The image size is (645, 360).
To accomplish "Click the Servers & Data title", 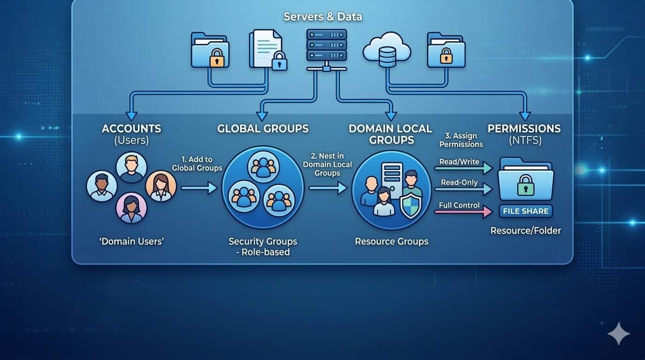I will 322,17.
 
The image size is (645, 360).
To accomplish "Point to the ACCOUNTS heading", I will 131,128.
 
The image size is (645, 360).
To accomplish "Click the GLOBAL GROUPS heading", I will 262,128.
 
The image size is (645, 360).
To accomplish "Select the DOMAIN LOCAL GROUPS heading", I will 390,134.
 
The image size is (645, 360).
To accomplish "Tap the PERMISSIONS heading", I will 524,128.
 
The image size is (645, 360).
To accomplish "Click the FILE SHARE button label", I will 525,211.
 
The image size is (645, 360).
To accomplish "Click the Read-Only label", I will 459,182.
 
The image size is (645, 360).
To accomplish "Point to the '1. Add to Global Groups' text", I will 197,164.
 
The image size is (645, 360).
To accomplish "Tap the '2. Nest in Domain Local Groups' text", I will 327,165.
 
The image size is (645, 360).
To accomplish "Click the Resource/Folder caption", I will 525,231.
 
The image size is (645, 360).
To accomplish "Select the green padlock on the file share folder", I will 525,187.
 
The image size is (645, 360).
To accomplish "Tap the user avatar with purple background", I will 131,209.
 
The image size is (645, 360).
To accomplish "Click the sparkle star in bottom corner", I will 618,333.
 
